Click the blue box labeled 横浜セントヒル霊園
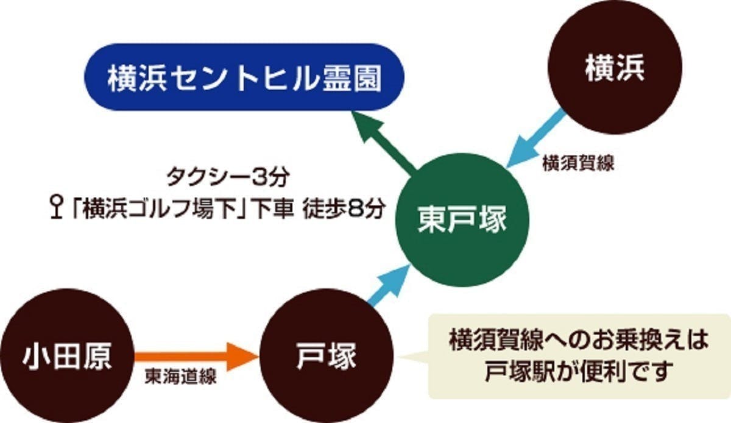(x=243, y=77)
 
